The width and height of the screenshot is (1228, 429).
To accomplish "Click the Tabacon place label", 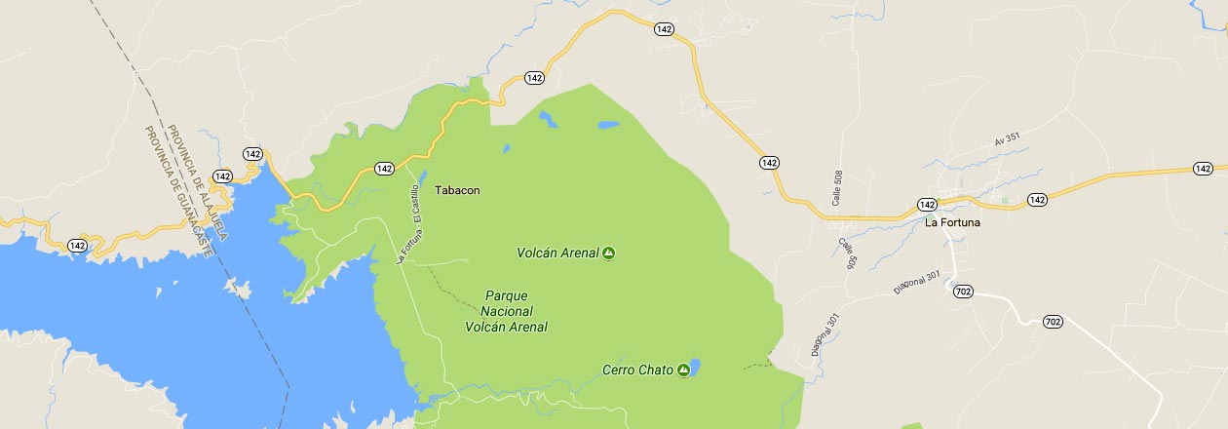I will (x=456, y=191).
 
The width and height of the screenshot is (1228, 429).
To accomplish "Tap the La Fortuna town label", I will (x=952, y=222).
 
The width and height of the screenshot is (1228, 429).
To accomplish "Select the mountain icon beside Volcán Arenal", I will (x=608, y=253).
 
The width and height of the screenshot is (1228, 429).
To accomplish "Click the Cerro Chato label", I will (x=637, y=370).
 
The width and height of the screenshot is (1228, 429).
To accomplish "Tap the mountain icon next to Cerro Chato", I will (x=683, y=370).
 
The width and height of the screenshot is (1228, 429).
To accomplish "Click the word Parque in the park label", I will (x=506, y=294).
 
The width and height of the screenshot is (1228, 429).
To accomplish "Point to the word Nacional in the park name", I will (x=506, y=310).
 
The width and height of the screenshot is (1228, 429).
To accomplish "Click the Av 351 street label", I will (x=1006, y=140).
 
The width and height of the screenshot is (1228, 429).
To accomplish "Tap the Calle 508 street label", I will (x=837, y=187).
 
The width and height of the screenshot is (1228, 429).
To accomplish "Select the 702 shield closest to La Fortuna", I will (x=964, y=292).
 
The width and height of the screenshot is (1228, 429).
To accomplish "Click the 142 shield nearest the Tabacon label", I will (x=384, y=168).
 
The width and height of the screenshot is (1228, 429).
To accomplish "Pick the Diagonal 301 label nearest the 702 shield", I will (x=917, y=282).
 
